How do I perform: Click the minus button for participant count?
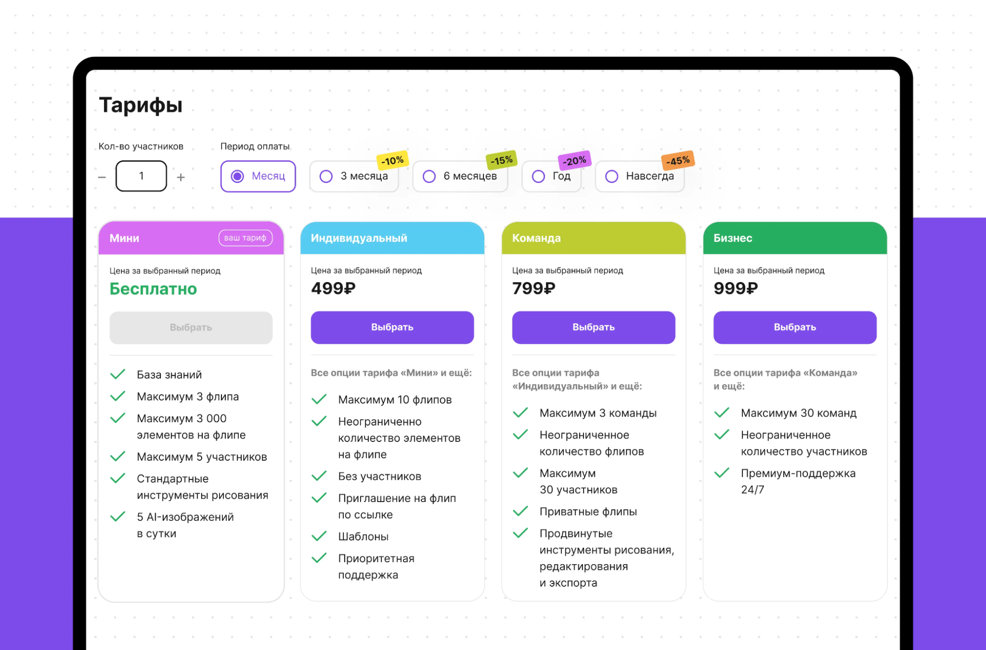(x=102, y=177)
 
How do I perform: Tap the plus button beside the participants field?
(x=181, y=177)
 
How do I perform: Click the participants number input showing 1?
(x=141, y=176)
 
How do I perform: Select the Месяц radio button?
(x=237, y=176)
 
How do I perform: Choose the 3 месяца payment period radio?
(x=326, y=176)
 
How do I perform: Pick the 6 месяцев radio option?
(x=429, y=176)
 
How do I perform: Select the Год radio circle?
(x=538, y=176)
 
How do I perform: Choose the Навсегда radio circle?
(x=612, y=176)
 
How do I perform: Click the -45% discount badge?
(x=678, y=160)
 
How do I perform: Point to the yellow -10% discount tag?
(x=393, y=160)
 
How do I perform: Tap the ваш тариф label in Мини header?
(x=245, y=238)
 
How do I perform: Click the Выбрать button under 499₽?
(x=392, y=327)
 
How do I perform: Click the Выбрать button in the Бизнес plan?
(x=795, y=327)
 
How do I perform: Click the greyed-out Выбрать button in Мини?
(x=191, y=327)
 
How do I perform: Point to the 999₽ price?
(x=735, y=289)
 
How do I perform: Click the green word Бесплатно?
(x=153, y=289)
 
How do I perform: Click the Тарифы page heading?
(x=141, y=105)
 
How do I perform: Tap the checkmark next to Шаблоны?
(x=319, y=536)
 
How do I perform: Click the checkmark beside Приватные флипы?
(x=520, y=511)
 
